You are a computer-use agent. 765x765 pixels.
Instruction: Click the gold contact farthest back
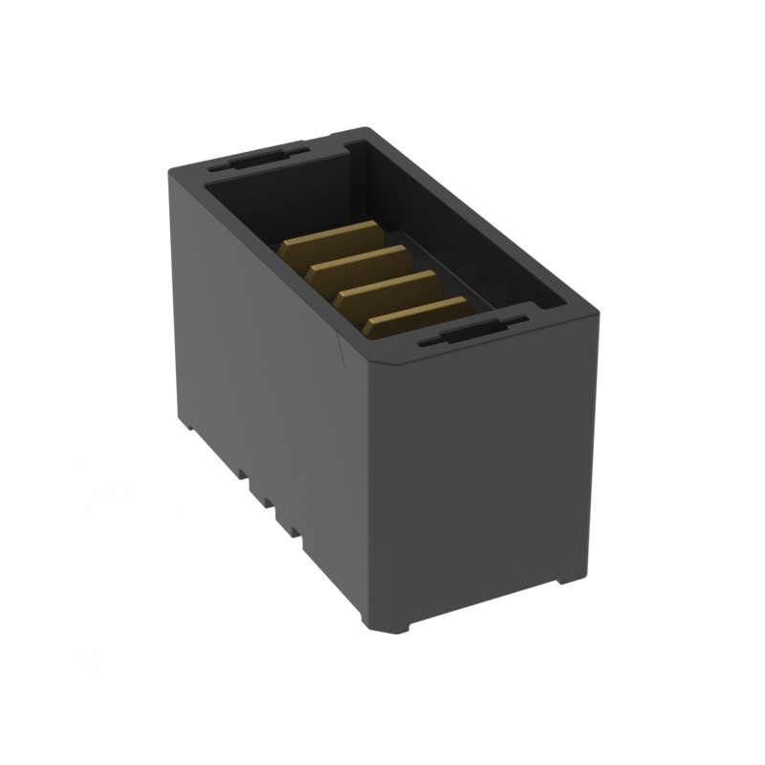pyautogui.click(x=330, y=238)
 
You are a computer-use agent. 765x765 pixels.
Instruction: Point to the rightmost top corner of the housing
pyautogui.click(x=598, y=311)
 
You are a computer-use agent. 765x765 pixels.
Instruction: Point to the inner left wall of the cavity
pyautogui.click(x=249, y=206)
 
